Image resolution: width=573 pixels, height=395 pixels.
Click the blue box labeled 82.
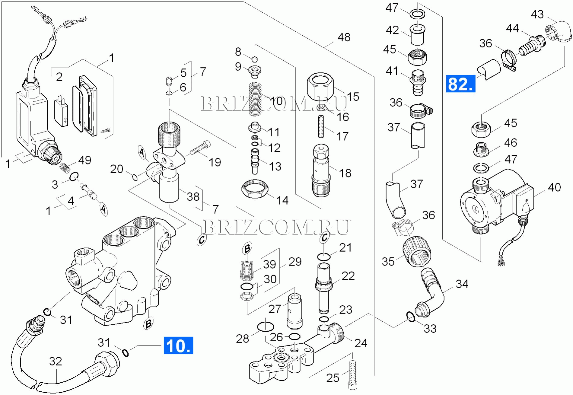pos(460,84)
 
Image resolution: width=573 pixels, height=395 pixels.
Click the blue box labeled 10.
pos(178,346)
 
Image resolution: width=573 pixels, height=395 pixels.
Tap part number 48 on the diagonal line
pos(344,37)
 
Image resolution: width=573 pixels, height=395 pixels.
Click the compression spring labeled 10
pos(255,100)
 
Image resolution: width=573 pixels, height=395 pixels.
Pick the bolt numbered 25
pos(352,374)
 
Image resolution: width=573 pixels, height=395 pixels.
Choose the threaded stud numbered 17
pos(321,126)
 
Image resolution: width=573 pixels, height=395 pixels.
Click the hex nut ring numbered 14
pos(255,189)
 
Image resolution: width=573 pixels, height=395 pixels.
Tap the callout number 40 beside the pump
pos(554,187)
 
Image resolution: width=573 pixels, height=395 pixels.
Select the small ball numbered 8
pos(254,59)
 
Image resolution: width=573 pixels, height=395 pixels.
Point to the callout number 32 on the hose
pos(56,361)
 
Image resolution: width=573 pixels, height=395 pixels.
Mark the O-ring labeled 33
pos(410,317)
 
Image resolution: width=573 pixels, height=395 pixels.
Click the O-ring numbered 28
pos(266,327)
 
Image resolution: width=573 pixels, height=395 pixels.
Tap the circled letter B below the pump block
pos(148,323)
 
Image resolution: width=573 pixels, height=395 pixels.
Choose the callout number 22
pos(348,276)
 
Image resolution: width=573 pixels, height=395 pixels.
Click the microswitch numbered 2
pos(61,111)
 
